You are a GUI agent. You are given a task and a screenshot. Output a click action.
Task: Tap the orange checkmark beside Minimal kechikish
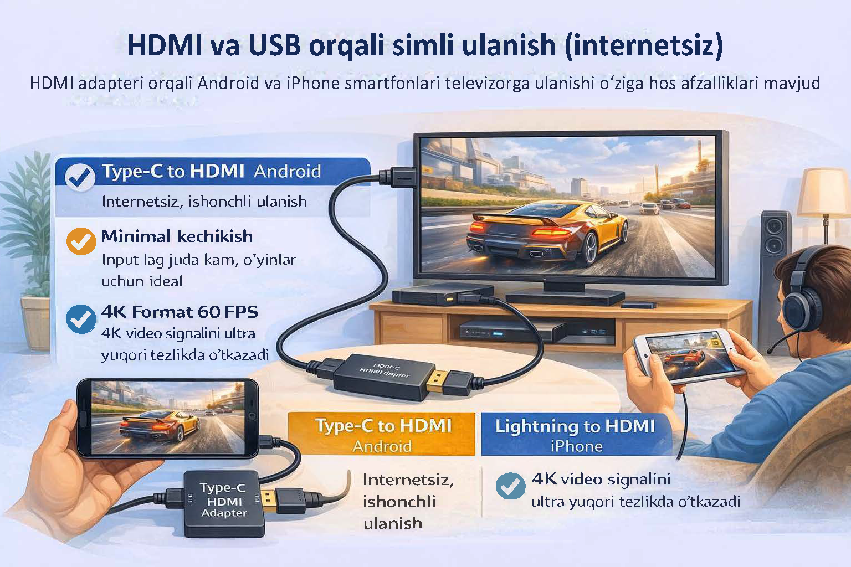[81, 241]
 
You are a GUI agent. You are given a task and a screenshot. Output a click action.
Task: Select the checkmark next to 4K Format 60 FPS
[81, 319]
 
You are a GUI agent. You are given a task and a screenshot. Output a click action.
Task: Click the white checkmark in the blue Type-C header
[80, 177]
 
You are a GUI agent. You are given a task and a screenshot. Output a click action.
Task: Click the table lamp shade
[826, 191]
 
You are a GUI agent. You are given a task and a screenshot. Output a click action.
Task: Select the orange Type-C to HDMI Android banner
[382, 435]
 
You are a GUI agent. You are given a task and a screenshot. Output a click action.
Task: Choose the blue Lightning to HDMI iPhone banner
[575, 435]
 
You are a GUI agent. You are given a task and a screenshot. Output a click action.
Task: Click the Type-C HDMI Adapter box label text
[224, 500]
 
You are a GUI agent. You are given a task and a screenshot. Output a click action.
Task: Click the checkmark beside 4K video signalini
[510, 486]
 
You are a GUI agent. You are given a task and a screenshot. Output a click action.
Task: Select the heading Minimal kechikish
[177, 236]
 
